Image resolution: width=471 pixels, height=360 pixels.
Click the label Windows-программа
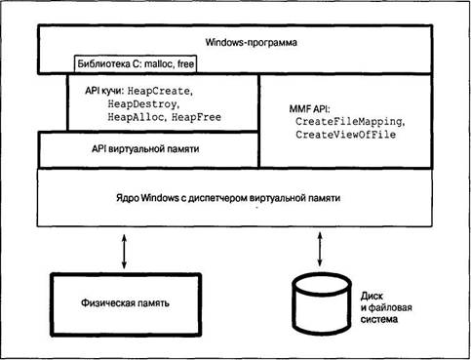click(x=251, y=43)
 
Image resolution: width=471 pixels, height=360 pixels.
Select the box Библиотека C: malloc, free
click(x=136, y=63)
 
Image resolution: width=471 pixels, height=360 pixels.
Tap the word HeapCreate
click(x=159, y=91)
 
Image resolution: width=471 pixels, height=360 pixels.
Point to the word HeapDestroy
click(x=142, y=104)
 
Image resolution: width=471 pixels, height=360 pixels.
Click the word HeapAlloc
click(x=136, y=117)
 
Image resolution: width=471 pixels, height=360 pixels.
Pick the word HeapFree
click(x=196, y=117)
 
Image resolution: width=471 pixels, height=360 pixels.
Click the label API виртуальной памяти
click(x=145, y=149)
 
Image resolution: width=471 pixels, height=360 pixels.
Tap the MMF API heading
click(x=309, y=109)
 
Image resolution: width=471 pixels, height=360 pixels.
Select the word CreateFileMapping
click(x=349, y=122)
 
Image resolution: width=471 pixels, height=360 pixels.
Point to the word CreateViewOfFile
click(x=346, y=135)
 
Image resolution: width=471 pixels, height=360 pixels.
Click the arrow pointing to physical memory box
click(x=124, y=251)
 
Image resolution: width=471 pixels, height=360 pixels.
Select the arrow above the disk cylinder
click(x=320, y=249)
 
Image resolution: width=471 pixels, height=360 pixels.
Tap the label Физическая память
click(x=125, y=303)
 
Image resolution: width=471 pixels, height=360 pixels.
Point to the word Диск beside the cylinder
click(x=372, y=297)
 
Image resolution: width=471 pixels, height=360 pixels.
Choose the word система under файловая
click(x=379, y=319)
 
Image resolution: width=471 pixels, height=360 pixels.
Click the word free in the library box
click(x=185, y=63)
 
